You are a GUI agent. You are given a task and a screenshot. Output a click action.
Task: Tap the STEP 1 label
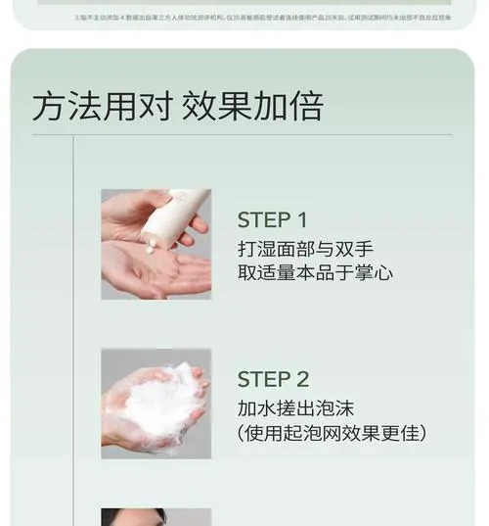272,219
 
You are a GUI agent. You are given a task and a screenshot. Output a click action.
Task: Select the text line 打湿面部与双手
305,248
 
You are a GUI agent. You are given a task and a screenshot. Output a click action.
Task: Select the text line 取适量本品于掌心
315,272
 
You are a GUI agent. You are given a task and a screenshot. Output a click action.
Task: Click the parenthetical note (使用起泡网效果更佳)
332,432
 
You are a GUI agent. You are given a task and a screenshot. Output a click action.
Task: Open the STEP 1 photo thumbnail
156,244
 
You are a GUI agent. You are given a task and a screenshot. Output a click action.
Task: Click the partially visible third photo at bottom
156,517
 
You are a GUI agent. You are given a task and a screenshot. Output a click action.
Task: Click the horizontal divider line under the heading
244,135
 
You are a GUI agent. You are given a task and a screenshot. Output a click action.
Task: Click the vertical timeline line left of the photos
73,333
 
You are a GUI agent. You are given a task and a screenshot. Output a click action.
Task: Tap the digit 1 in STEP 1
301,219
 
